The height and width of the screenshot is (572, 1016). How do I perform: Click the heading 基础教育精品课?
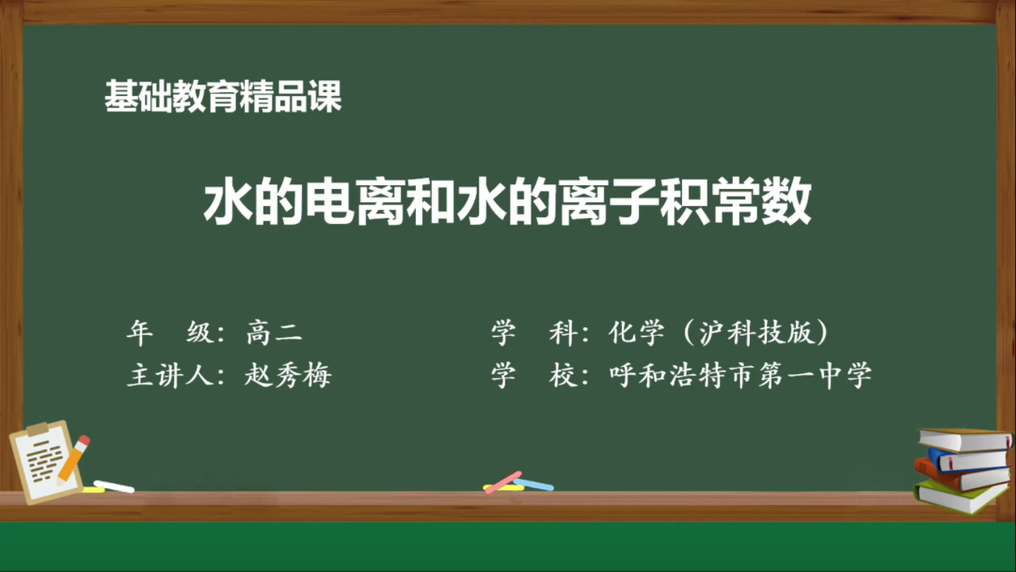coord(223,98)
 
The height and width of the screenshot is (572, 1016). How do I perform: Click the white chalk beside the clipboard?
coord(114,486)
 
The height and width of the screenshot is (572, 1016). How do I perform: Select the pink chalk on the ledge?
coord(504,481)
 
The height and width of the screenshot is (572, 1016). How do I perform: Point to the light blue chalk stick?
coord(533,485)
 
